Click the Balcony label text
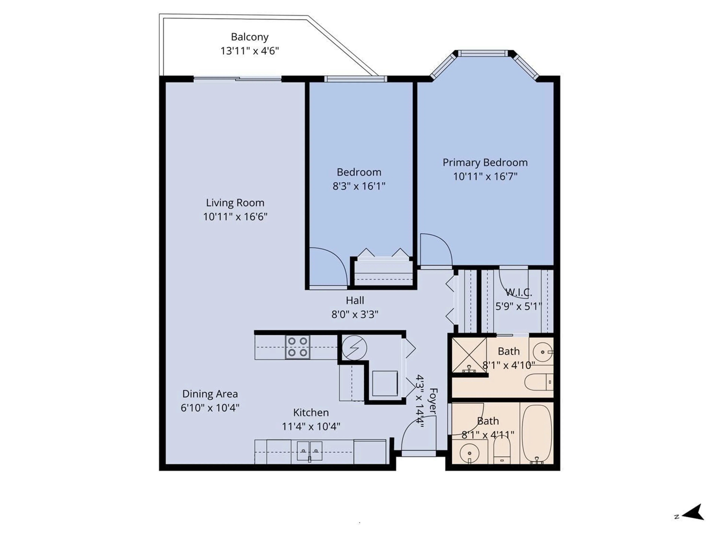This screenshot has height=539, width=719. [x=250, y=37]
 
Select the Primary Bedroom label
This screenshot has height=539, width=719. [x=485, y=162]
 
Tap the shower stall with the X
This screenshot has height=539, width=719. [x=469, y=355]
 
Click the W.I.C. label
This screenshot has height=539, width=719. [x=518, y=292]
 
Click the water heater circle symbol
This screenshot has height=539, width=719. [x=354, y=348]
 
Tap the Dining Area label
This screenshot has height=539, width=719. [x=210, y=394]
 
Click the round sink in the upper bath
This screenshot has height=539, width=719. [x=542, y=352]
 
